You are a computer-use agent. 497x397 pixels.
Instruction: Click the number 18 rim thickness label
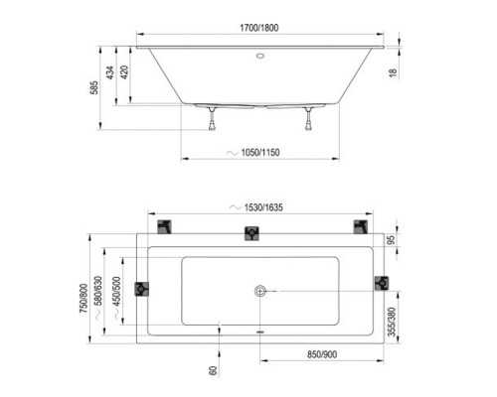tap(394, 71)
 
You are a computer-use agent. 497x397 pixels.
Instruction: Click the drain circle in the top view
tap(260, 291)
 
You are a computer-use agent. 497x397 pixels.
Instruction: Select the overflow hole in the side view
tap(260, 56)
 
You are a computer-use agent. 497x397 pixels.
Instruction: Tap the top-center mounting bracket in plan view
tap(253, 233)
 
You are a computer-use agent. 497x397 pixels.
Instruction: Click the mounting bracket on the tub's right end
tap(380, 284)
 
